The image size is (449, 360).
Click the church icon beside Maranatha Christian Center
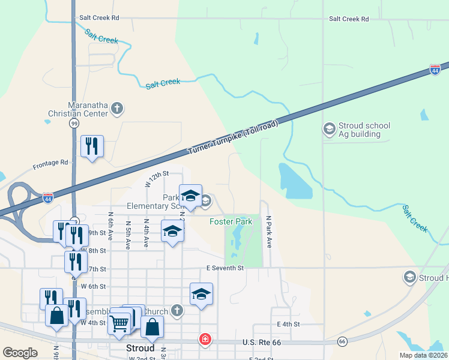point(117,109)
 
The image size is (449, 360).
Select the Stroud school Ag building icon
point(329,129)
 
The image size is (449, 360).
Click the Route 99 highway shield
point(74,123)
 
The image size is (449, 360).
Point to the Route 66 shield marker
point(342,341)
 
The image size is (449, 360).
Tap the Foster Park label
point(231,222)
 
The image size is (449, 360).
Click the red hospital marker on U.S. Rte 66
point(205,340)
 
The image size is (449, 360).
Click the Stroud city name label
point(141,348)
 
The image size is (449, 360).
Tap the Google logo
point(20,353)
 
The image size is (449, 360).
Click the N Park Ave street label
point(270,232)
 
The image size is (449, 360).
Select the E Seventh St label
point(224,268)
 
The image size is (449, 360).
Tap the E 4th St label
point(288,325)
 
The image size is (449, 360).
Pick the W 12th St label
point(158,178)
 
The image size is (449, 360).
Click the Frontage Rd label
point(50,163)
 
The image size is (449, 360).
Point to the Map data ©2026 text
point(423,355)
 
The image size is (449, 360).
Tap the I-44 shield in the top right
point(435,70)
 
